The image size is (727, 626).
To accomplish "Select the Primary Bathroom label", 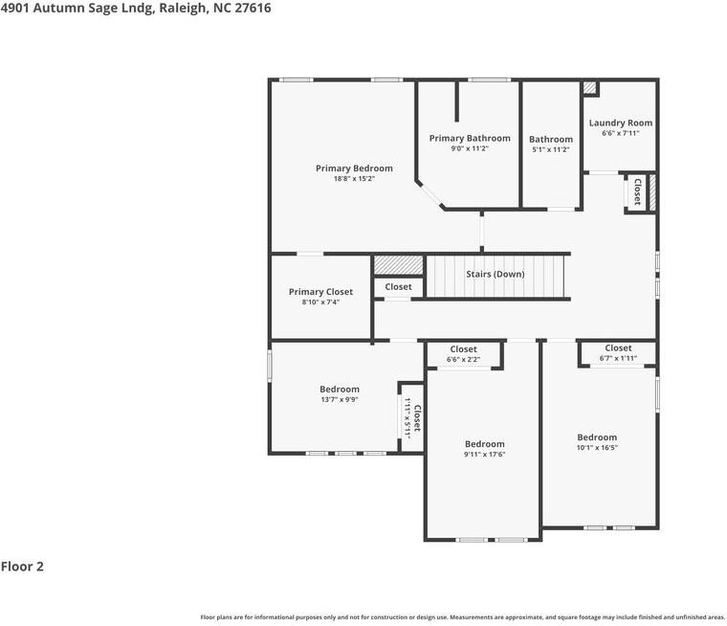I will [469, 138].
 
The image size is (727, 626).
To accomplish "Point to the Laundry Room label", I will [620, 123].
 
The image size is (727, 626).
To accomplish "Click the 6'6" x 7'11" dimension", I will [620, 133].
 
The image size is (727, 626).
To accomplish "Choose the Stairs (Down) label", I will [495, 274].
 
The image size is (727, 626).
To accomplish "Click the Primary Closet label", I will [320, 292].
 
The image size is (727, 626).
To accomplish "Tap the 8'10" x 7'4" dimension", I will [320, 302].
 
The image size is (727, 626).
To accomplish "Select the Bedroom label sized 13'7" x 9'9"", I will [340, 389].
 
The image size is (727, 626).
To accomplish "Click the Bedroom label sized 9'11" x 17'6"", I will [484, 444].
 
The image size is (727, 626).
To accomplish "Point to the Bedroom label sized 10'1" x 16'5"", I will [597, 437].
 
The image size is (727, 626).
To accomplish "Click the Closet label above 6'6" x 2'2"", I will [463, 349].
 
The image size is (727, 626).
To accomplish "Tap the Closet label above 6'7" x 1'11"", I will [618, 348].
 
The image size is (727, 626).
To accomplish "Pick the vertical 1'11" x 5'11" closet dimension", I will [408, 418].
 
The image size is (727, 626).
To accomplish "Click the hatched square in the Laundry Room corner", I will [590, 88].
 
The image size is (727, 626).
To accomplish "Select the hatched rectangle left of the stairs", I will [398, 264].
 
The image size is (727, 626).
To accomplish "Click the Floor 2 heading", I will [22, 567].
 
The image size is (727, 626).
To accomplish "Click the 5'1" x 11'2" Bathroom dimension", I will [551, 149].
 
